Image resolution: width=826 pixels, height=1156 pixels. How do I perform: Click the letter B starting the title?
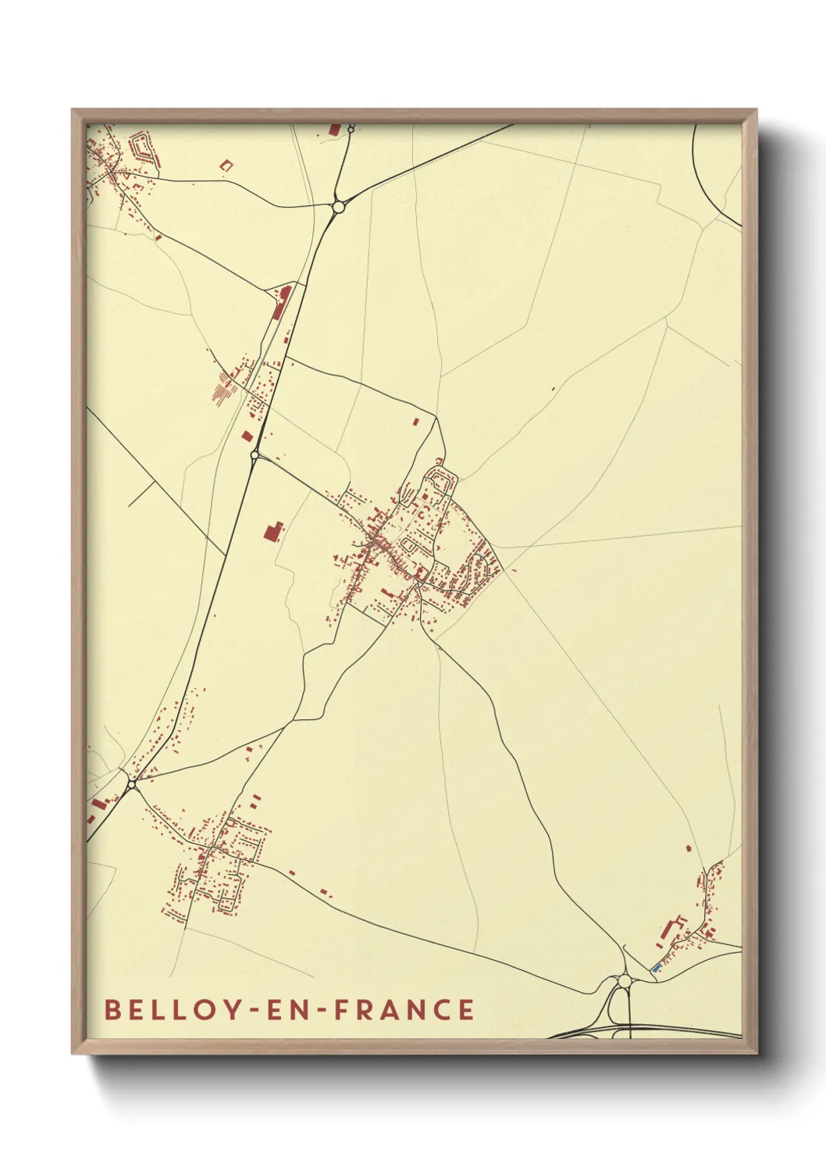pyautogui.click(x=112, y=1009)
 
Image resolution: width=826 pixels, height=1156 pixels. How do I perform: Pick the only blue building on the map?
pyautogui.click(x=656, y=969)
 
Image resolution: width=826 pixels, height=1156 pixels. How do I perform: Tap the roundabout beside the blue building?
pyautogui.click(x=624, y=980)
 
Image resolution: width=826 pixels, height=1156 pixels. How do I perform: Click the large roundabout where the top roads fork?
pyautogui.click(x=339, y=207)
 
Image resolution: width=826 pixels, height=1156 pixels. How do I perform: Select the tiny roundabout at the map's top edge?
pyautogui.click(x=351, y=128)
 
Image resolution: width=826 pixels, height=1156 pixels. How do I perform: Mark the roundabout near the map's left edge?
pyautogui.click(x=131, y=782)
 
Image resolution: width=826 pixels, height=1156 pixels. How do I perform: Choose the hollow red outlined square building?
pyautogui.click(x=226, y=165)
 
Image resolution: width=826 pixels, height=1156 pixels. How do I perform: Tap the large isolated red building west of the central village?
pyautogui.click(x=272, y=532)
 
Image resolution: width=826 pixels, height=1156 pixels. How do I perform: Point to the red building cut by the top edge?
pyautogui.click(x=335, y=129)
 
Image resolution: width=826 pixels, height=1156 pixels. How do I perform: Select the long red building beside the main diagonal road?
pyautogui.click(x=280, y=301)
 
